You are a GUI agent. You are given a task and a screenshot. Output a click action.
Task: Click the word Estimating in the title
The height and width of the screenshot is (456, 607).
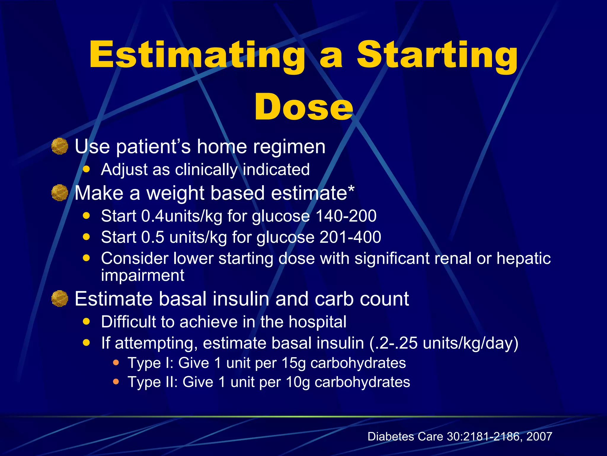pos(197,56)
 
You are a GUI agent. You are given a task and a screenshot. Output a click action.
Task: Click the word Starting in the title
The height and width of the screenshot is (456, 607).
pos(437,56)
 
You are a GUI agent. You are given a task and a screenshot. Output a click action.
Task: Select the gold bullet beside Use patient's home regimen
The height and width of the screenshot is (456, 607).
pos(60,146)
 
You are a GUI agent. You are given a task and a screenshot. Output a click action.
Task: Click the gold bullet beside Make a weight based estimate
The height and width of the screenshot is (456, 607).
pos(60,193)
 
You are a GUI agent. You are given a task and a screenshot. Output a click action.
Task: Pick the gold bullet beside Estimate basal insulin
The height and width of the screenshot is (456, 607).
pos(60,298)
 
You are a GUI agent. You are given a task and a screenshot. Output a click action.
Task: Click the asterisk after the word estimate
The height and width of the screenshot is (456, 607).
pos(351,189)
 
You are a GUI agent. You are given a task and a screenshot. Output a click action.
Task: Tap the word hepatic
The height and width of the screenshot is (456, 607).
pos(523,258)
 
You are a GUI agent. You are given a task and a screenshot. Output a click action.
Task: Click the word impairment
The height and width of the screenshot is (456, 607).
pos(143,275)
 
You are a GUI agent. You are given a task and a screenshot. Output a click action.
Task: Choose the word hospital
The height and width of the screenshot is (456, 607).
pos(317,322)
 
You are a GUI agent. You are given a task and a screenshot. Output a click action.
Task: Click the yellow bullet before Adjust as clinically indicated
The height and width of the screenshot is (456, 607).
pos(86,169)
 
